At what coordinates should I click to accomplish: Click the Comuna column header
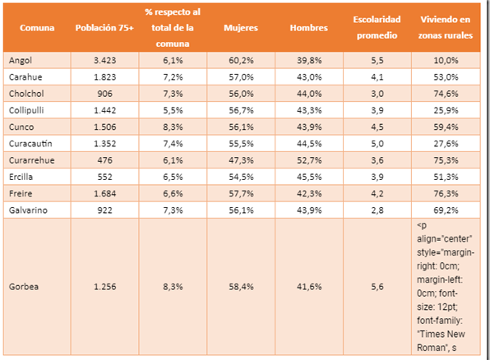[37, 28]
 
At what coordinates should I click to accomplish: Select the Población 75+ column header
[104, 28]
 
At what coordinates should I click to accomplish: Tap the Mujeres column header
[241, 28]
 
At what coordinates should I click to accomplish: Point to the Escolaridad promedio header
[377, 27]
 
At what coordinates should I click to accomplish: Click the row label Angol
[21, 60]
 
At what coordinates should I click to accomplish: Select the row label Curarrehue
[31, 160]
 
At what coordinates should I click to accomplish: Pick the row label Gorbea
[24, 287]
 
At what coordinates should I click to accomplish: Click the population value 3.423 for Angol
[104, 60]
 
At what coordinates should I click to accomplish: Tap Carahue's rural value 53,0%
[446, 77]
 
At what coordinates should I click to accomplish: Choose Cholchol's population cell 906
[104, 94]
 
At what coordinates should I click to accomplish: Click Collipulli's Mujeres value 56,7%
[241, 110]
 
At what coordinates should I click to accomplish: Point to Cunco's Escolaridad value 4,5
[377, 127]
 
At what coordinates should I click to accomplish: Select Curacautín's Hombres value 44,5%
[309, 144]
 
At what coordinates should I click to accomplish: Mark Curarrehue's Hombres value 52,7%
[309, 160]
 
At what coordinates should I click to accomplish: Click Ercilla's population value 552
[104, 177]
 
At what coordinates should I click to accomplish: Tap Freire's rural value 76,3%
[446, 193]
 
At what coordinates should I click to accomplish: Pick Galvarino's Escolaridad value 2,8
[377, 210]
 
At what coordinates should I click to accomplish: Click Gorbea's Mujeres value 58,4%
[241, 287]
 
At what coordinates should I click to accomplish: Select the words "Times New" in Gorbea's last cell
[441, 334]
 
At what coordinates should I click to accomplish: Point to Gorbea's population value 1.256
[104, 287]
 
